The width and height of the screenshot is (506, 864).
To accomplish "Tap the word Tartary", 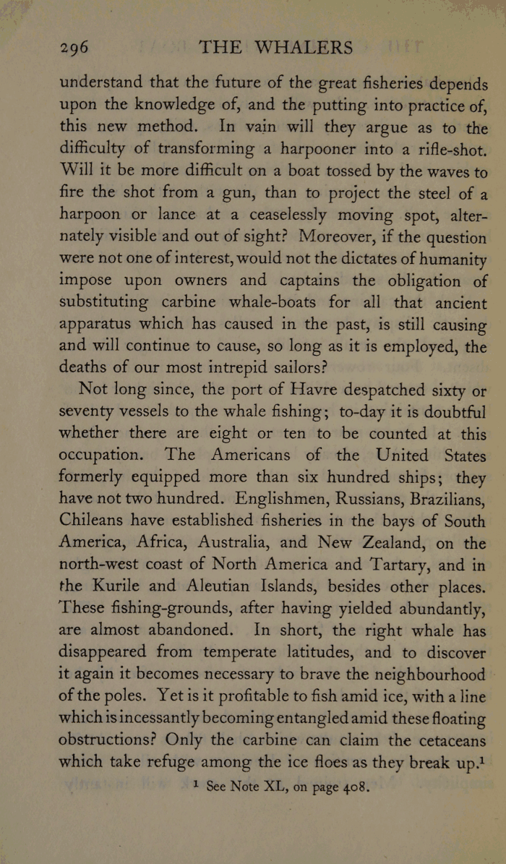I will coord(372,565).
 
